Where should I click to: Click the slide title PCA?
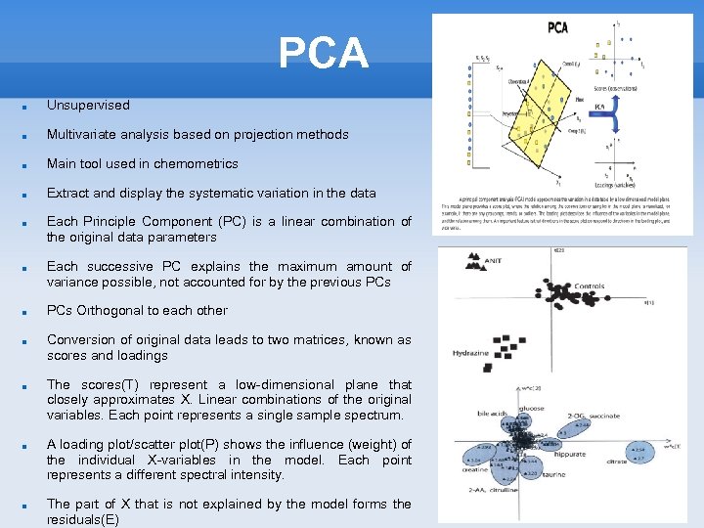point(323,53)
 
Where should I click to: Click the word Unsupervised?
point(88,105)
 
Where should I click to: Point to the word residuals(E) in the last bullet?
point(83,519)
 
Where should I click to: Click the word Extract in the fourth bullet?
point(67,193)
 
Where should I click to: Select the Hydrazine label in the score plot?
point(470,352)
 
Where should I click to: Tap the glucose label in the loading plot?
point(532,408)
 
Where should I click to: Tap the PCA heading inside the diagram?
point(557,26)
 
